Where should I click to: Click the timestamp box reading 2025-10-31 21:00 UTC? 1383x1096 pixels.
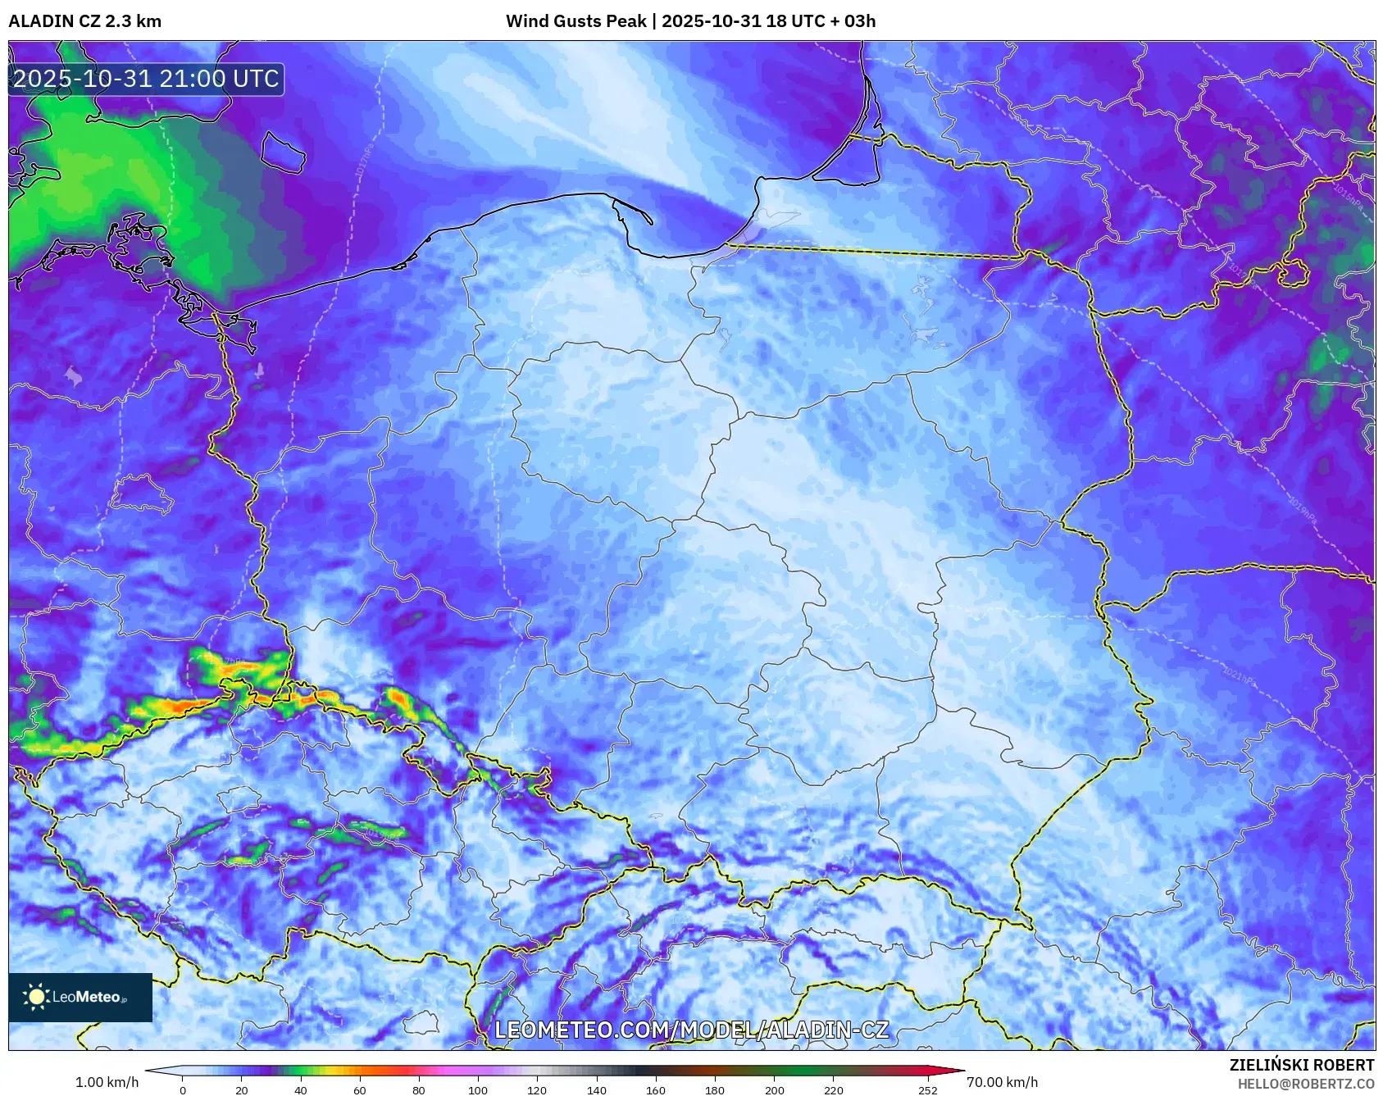146,79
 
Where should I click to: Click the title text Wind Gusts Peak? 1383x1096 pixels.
575,21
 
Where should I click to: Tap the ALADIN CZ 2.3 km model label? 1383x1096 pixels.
84,21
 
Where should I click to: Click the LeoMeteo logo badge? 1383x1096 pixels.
80,997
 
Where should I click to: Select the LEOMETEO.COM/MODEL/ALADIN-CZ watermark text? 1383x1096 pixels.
691,1030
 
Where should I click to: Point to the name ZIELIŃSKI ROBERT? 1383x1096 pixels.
1301,1065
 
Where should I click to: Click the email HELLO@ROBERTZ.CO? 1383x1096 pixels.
1305,1084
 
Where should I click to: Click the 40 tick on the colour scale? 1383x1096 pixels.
301,1089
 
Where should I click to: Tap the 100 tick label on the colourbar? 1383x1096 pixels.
478,1089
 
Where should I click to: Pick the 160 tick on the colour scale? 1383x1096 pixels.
656,1089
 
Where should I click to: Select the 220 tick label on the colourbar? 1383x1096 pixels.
833,1089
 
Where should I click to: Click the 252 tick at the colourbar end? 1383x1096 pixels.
928,1089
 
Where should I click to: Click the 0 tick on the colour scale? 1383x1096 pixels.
183,1089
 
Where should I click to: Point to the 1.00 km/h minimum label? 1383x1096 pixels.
107,1082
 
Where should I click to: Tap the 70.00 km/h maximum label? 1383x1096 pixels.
1002,1082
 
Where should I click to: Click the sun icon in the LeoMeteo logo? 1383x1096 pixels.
36,997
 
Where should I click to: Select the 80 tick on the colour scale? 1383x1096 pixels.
419,1089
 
